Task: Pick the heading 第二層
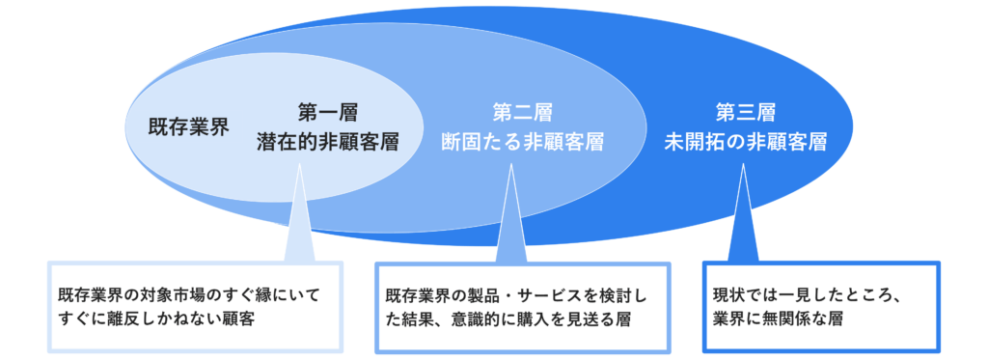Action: (522, 112)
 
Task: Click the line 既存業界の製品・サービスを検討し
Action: (522, 292)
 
